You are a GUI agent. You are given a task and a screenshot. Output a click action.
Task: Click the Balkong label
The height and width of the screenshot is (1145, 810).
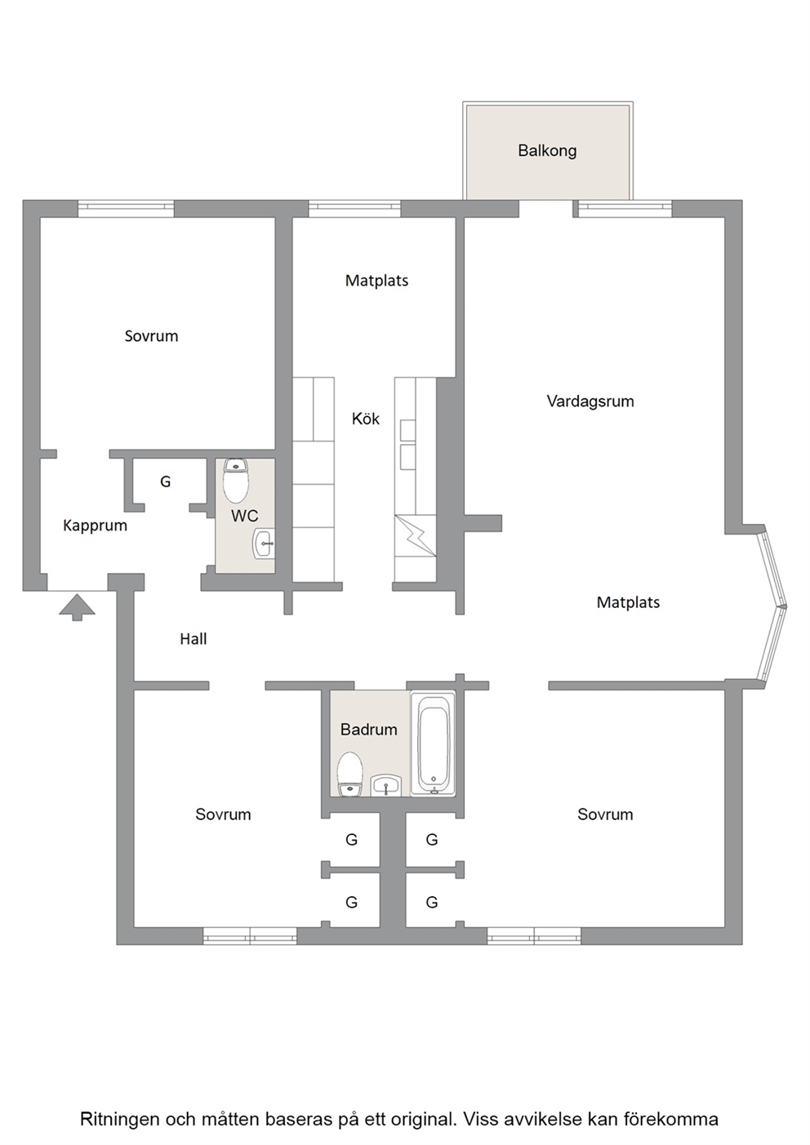pyautogui.click(x=547, y=151)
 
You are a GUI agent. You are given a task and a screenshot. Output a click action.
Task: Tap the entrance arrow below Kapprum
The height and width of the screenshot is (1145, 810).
pyautogui.click(x=78, y=606)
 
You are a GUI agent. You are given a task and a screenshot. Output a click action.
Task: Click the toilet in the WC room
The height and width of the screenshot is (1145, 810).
pyautogui.click(x=236, y=481)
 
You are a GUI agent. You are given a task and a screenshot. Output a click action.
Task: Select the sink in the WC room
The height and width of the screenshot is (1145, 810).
pyautogui.click(x=264, y=544)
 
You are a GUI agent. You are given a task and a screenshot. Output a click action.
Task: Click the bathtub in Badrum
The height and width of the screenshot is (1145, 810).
pyautogui.click(x=433, y=743)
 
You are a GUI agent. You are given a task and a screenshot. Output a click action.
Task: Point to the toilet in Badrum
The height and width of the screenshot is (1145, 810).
pyautogui.click(x=349, y=774)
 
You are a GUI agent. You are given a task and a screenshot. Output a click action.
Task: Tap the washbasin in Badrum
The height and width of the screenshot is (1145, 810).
pyautogui.click(x=386, y=785)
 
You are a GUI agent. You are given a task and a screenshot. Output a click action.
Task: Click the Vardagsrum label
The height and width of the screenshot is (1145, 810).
pyautogui.click(x=590, y=402)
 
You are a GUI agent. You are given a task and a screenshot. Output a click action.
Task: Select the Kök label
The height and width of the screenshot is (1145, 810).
pyautogui.click(x=366, y=419)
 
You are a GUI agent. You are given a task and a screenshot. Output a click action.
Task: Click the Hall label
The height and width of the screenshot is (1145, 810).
pyautogui.click(x=194, y=638)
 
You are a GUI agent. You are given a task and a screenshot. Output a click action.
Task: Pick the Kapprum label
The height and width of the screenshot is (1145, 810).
pyautogui.click(x=95, y=526)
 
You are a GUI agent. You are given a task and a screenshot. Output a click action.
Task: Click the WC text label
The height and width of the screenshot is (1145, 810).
pyautogui.click(x=244, y=516)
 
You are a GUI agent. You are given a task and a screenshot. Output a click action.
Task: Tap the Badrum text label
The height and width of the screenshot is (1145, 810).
pyautogui.click(x=369, y=730)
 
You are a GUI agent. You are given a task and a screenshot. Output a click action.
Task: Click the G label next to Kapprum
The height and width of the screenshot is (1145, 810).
pyautogui.click(x=165, y=482)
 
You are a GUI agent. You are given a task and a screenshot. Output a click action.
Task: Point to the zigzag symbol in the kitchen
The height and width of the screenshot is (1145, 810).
pyautogui.click(x=416, y=535)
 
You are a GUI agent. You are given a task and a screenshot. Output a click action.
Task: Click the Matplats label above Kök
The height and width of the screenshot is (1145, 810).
pyautogui.click(x=377, y=281)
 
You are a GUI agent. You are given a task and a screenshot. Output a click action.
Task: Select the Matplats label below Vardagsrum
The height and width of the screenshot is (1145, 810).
pyautogui.click(x=628, y=602)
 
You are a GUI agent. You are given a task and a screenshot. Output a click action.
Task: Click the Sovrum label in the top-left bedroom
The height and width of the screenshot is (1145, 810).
pyautogui.click(x=151, y=336)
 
